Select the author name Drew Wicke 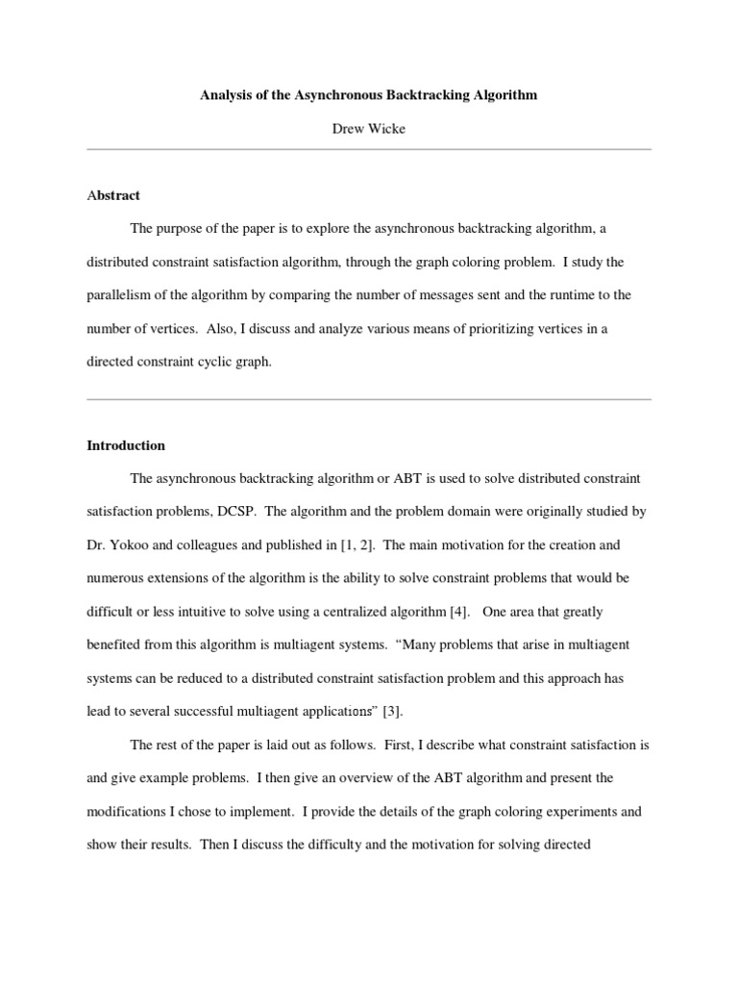[369, 129]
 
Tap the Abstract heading [113, 195]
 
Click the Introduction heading [126, 445]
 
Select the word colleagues [213, 545]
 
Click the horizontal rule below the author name [369, 149]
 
